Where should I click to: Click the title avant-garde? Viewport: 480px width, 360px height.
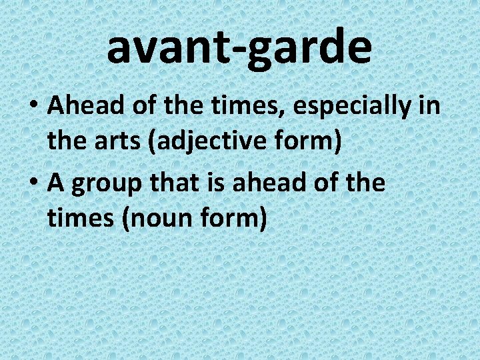pos(239,47)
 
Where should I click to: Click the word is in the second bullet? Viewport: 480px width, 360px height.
pos(219,182)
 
